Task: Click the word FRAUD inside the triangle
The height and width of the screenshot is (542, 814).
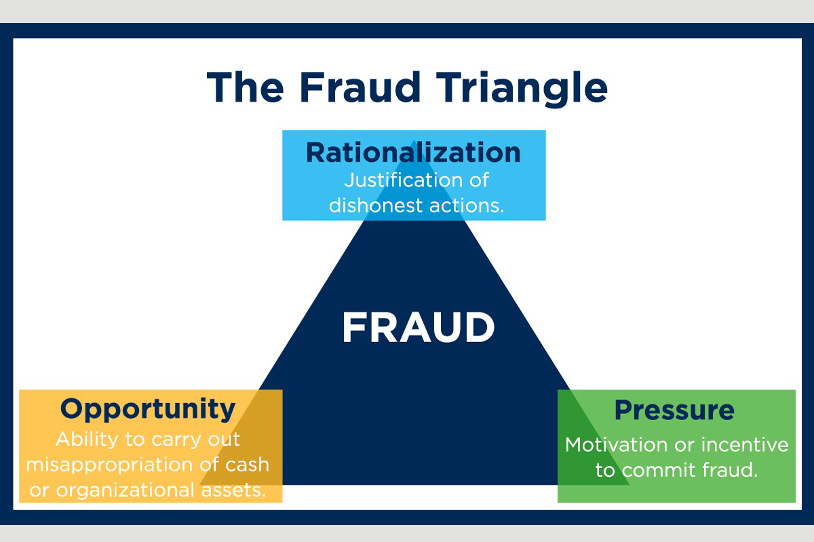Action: click(x=418, y=328)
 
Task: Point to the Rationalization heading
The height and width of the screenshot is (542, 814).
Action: click(x=413, y=152)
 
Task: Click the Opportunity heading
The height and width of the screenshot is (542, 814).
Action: click(x=148, y=409)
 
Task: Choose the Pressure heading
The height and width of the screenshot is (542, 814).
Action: click(x=674, y=410)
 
